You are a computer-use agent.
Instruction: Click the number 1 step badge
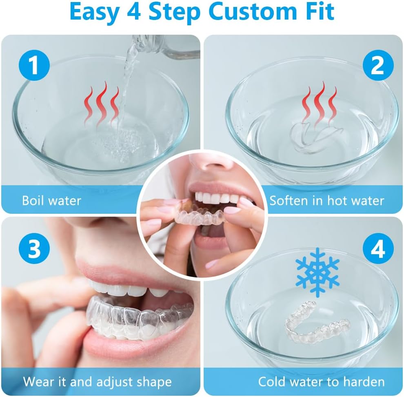(34, 65)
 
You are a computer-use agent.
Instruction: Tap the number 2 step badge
(378, 65)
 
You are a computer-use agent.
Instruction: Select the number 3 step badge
(34, 248)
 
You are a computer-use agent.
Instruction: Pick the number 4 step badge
(378, 248)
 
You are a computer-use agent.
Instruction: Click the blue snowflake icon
(317, 272)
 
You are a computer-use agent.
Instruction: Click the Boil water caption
(51, 200)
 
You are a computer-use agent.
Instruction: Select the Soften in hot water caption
(326, 200)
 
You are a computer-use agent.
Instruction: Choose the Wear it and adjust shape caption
(97, 381)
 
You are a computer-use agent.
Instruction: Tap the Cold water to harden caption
(321, 381)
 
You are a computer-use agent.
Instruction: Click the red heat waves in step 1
(102, 104)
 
